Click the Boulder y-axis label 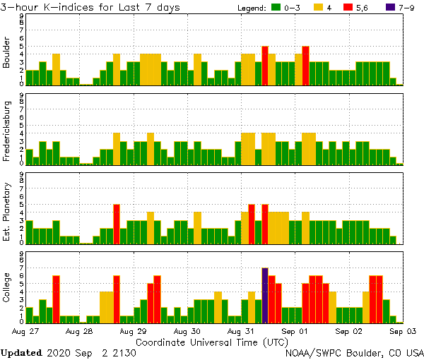coord(7,53)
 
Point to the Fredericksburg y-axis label coord(7,131)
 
